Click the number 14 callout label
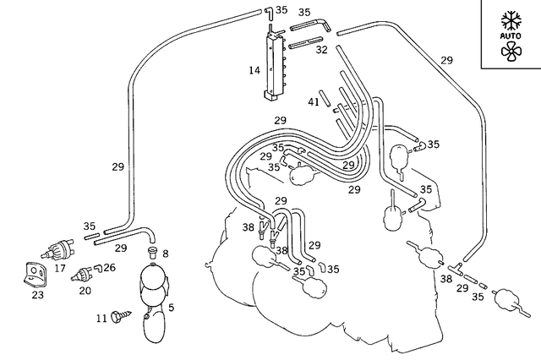pos(254,71)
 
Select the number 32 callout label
pos(321,50)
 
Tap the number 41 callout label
pos(313,102)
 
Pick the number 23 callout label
pos(37,295)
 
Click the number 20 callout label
pos(85,290)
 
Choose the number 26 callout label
pos(110,267)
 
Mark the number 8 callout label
pos(165,254)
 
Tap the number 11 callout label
pos(101,318)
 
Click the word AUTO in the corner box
pos(511,37)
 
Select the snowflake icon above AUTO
pos(511,19)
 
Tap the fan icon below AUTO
pos(511,54)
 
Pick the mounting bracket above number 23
pos(33,273)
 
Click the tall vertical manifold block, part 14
pos(273,64)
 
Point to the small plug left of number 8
pos(150,252)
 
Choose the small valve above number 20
pos(83,273)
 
